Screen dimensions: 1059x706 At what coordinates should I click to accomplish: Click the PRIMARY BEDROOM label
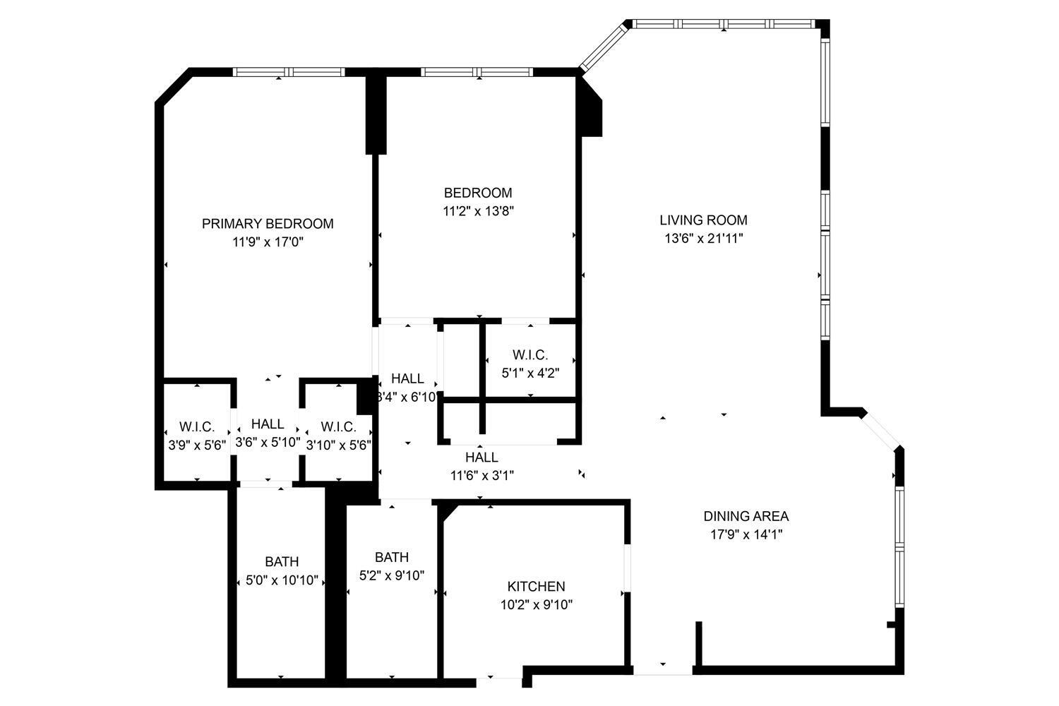tap(268, 224)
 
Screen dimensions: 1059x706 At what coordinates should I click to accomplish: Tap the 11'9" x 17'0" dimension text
tap(268, 242)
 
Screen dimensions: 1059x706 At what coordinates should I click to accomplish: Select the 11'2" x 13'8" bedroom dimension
tap(478, 211)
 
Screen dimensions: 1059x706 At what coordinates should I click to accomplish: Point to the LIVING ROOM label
tap(703, 220)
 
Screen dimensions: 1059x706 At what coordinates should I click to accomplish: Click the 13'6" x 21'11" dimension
tap(703, 239)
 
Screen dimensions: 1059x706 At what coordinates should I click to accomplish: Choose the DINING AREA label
tap(746, 516)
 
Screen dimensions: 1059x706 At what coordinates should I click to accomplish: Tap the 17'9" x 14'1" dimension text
tap(746, 534)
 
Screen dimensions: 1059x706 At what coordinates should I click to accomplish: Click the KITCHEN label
tap(536, 587)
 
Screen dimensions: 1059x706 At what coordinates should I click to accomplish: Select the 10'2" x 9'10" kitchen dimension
tap(536, 605)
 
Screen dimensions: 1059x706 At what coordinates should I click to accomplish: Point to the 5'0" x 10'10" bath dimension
tap(282, 580)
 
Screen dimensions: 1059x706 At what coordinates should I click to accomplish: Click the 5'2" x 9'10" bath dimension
tap(391, 575)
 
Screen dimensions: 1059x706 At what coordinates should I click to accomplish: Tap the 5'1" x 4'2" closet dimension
tap(530, 373)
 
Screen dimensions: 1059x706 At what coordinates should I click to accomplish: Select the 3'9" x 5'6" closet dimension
tap(197, 445)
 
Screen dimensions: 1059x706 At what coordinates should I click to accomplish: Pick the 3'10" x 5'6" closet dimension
tap(338, 445)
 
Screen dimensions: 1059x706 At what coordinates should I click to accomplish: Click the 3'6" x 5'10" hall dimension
tap(268, 442)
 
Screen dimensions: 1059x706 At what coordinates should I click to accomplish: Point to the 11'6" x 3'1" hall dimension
tap(481, 475)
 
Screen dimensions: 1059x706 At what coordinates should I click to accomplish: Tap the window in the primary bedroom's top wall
tap(288, 72)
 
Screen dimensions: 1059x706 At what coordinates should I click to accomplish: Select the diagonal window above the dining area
tap(880, 431)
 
